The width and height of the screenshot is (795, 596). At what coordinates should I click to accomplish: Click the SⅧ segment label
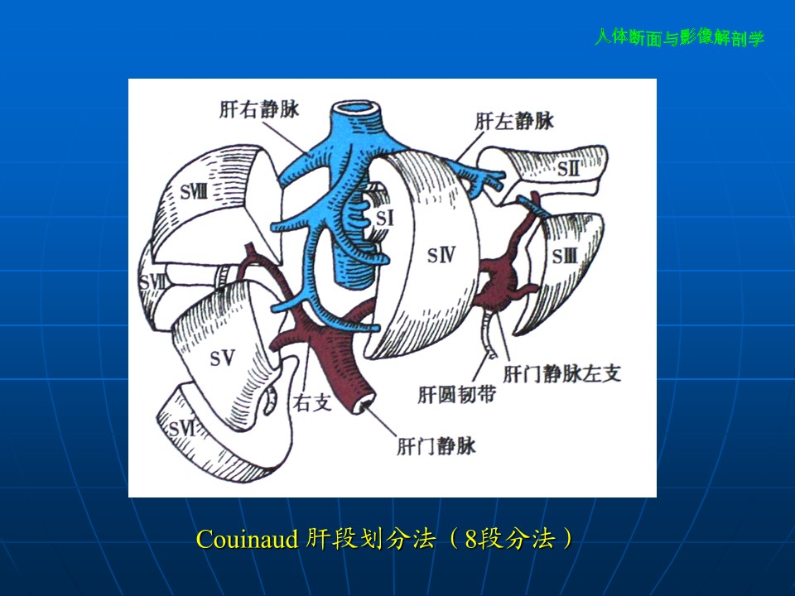click(x=194, y=192)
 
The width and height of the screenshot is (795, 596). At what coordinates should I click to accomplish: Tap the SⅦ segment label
click(x=152, y=282)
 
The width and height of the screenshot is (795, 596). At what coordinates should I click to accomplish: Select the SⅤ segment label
click(x=222, y=358)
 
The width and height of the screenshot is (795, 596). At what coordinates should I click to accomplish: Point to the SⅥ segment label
click(x=181, y=430)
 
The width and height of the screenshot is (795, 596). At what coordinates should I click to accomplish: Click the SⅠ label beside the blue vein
click(x=384, y=218)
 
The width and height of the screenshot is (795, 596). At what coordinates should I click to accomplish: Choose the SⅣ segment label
click(x=441, y=255)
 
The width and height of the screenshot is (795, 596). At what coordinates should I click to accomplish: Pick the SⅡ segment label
click(x=568, y=168)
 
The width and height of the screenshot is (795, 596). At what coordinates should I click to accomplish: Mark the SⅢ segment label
click(x=564, y=257)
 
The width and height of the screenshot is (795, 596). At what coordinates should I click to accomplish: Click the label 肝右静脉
click(x=259, y=109)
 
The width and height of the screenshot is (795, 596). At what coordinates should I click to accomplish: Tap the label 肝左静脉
click(x=514, y=121)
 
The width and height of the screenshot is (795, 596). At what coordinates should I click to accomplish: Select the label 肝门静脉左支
click(x=561, y=373)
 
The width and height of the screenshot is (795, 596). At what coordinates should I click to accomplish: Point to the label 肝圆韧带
click(x=456, y=394)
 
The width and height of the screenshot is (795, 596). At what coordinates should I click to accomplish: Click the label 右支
click(x=312, y=403)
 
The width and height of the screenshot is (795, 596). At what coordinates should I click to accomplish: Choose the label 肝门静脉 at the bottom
click(x=436, y=446)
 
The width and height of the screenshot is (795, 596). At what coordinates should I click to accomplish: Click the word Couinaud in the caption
click(x=247, y=539)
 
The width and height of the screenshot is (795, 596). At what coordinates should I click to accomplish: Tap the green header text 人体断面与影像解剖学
click(x=679, y=38)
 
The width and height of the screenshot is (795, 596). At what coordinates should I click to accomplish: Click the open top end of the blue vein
click(x=355, y=108)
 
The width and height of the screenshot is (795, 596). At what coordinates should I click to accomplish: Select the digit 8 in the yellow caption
click(x=471, y=539)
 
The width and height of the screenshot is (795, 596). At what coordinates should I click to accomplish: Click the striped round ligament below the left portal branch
click(x=489, y=333)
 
